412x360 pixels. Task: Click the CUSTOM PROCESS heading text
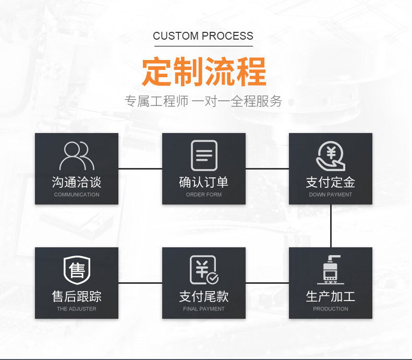coord(203,36)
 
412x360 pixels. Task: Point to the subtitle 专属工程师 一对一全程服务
coord(203,101)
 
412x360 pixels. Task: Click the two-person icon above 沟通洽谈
coord(77,155)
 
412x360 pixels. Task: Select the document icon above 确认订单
coord(204,155)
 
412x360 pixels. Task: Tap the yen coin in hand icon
coord(331,156)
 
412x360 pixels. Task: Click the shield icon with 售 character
coord(77,270)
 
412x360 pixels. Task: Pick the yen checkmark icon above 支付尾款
coord(204,270)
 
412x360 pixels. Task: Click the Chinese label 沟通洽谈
coord(77,182)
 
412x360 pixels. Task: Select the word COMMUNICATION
coord(77,195)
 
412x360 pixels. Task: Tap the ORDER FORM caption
coord(204,195)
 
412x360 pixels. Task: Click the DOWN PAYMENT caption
coord(331,195)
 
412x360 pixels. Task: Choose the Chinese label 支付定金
coord(331,182)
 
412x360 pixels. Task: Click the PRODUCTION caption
coord(331,309)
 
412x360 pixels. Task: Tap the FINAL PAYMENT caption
coord(204,309)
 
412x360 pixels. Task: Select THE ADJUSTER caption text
coord(77,309)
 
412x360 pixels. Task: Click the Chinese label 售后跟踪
coord(77,296)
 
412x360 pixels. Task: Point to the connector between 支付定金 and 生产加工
coord(331,225)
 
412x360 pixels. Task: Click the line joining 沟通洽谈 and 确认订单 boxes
coord(140,169)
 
